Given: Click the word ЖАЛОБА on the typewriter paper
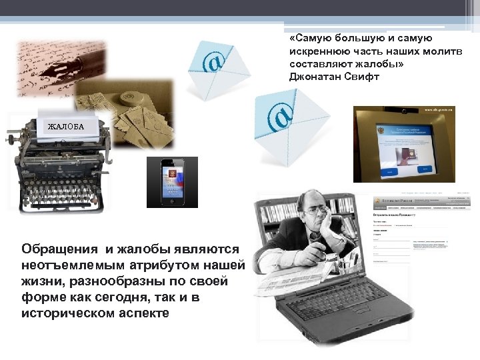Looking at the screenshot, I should coord(65,125).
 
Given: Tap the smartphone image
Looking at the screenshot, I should coord(172,182).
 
